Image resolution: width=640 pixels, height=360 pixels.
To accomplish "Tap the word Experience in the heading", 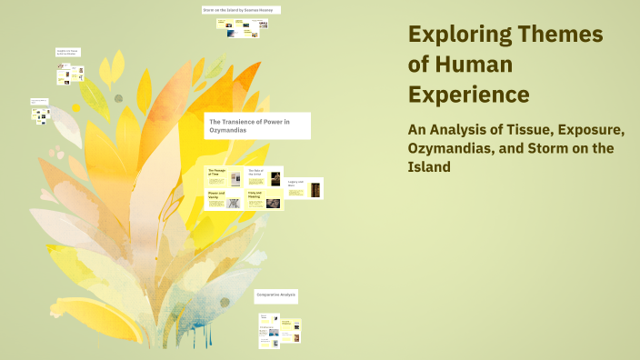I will (469, 94).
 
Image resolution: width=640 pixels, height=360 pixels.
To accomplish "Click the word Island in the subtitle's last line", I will (429, 167).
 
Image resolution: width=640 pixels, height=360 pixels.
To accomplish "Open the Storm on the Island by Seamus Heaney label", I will (241, 10).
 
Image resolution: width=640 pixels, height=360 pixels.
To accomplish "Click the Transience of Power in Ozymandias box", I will (258, 125).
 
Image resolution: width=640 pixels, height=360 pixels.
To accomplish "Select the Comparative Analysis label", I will (276, 295).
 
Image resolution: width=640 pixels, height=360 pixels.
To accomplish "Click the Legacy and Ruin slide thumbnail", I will (304, 188).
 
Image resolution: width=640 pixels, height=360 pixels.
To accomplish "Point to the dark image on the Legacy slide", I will (315, 190).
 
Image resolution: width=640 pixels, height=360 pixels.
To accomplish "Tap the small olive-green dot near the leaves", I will (118, 98).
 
